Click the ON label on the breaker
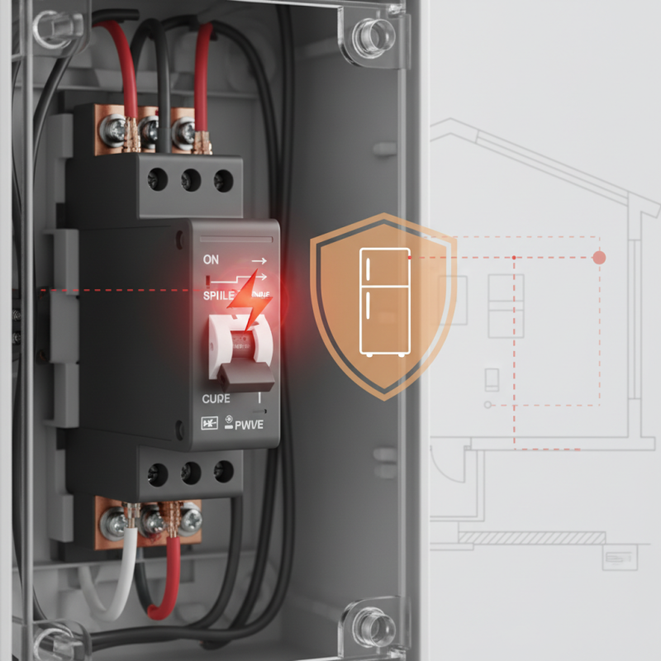(x=212, y=259)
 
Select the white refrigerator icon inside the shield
(x=385, y=302)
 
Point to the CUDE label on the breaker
(x=216, y=398)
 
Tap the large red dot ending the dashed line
(x=600, y=258)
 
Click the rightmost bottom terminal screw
(x=191, y=519)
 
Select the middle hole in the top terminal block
(x=190, y=177)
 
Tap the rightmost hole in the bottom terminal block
(x=223, y=473)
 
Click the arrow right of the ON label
(x=259, y=260)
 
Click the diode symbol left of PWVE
(x=209, y=425)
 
